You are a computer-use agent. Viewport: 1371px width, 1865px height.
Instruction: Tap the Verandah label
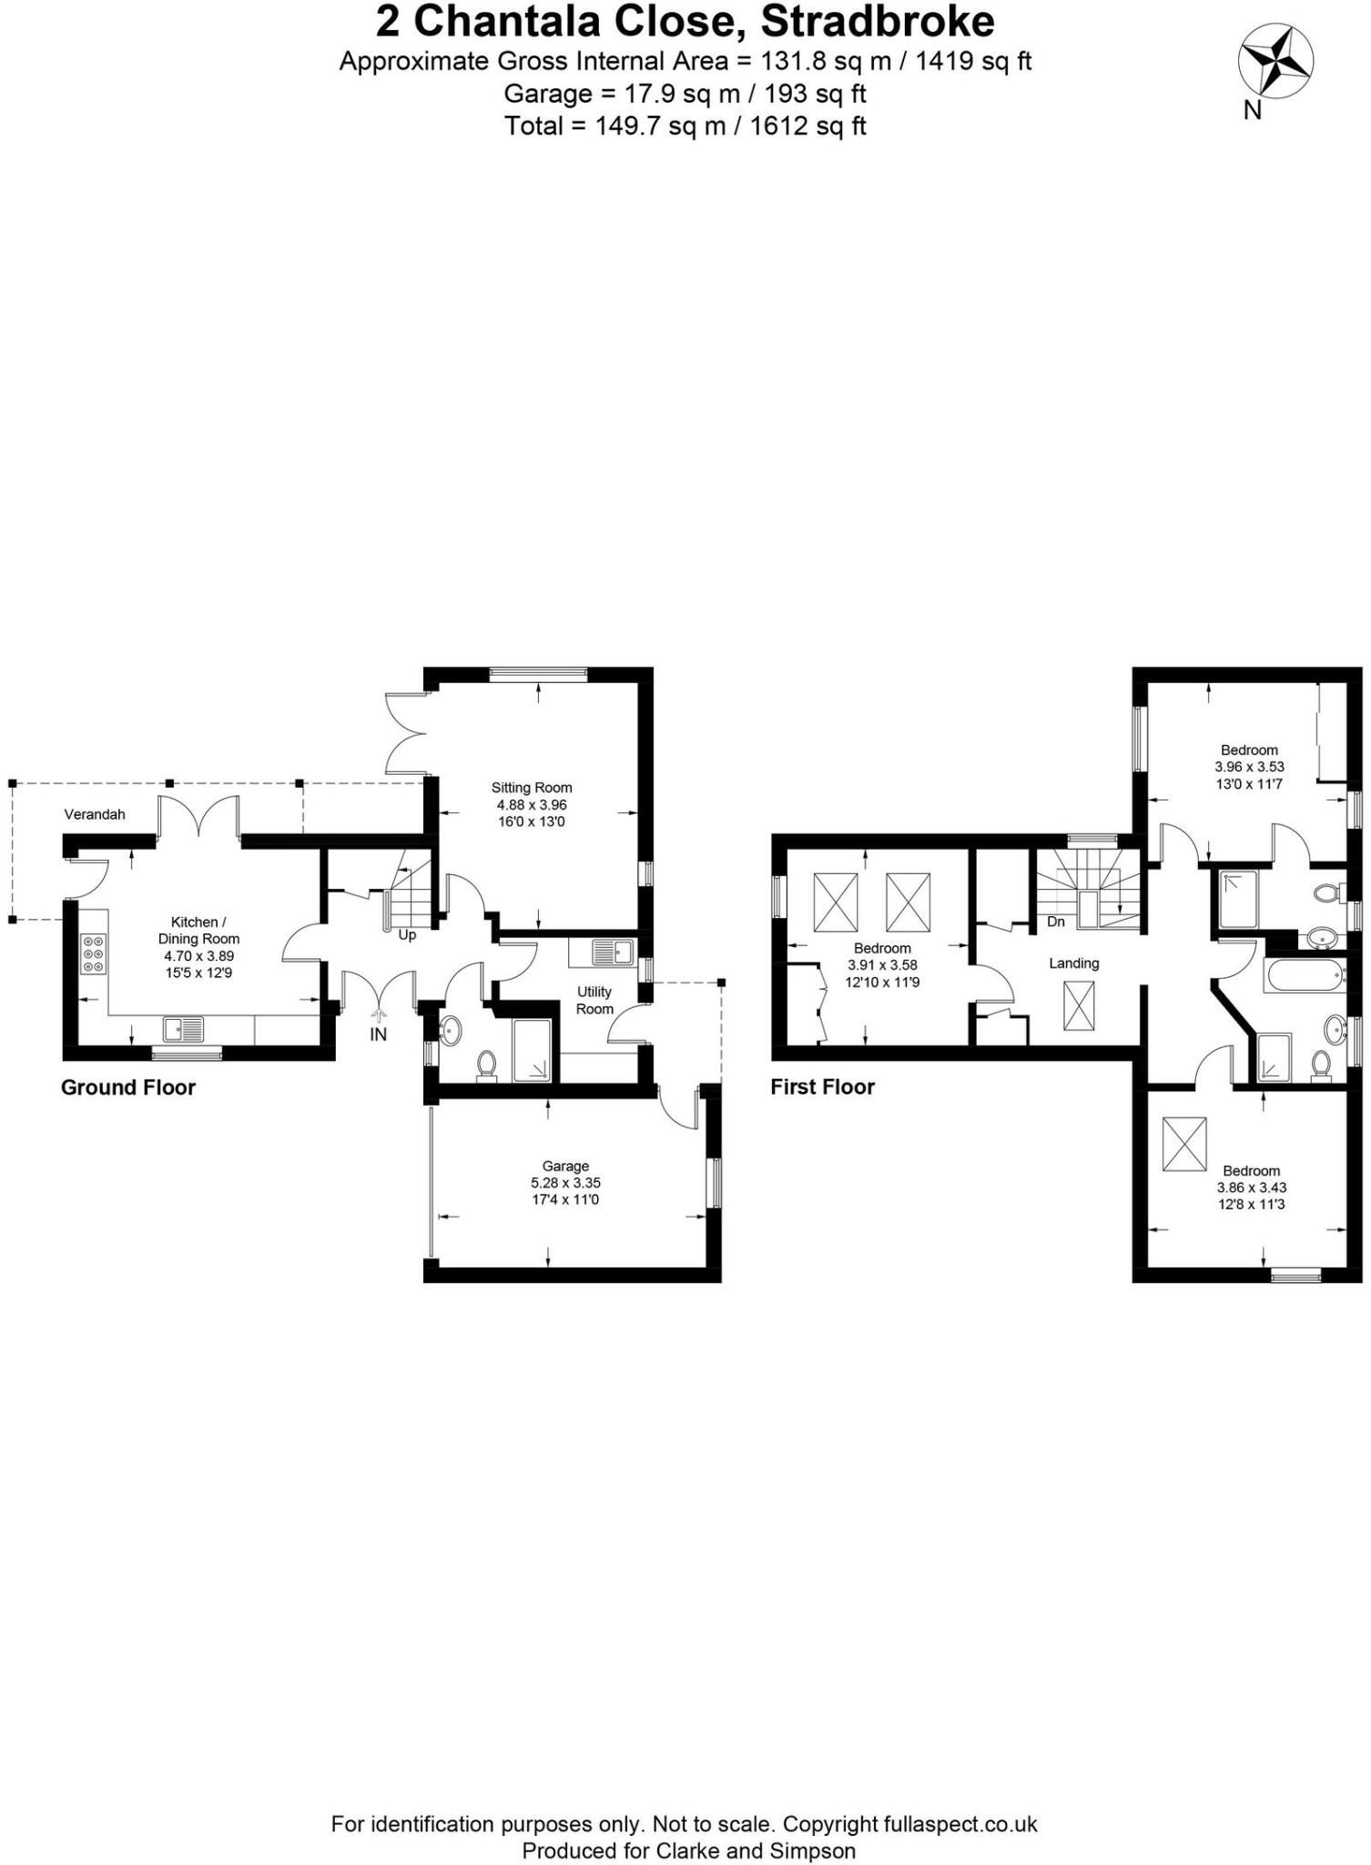point(95,814)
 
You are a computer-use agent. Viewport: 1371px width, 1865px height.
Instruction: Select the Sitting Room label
point(532,788)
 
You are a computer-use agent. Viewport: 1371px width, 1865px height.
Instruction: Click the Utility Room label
point(594,1000)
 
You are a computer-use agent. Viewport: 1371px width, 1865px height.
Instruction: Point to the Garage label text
point(565,1166)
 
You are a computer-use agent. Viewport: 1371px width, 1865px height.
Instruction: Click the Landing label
point(1074,963)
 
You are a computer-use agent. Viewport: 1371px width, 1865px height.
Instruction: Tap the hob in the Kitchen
point(94,953)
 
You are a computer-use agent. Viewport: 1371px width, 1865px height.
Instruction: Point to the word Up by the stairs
point(407,935)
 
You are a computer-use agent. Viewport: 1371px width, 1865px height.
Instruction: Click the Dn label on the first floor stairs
point(1056,922)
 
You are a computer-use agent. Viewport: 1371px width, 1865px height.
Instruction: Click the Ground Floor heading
point(128,1087)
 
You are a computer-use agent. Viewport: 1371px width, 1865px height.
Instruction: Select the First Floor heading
point(822,1086)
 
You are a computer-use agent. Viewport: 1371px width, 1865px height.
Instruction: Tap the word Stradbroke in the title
point(878,21)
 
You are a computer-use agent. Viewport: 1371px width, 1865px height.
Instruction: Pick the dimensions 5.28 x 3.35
point(565,1183)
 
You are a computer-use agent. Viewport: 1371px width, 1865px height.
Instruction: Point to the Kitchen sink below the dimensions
point(185,1030)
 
